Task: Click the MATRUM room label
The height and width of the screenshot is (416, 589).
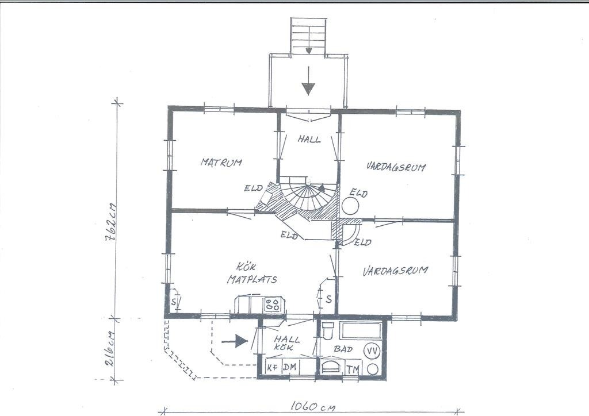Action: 221,163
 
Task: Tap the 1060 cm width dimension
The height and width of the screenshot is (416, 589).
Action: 312,407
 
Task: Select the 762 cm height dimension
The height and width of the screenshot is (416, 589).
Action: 112,223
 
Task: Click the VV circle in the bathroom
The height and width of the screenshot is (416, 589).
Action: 372,351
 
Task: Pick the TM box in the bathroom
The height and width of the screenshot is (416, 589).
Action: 353,369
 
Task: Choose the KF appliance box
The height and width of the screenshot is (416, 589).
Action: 273,367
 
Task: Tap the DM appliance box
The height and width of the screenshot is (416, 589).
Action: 290,367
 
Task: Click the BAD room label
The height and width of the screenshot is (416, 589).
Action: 343,349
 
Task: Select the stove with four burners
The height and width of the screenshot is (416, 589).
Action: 273,304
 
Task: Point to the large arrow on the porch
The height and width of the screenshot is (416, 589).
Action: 308,80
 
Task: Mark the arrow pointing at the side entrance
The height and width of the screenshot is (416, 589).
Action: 235,341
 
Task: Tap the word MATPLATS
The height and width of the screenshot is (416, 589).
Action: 252,279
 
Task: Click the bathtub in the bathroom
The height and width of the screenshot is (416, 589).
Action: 361,331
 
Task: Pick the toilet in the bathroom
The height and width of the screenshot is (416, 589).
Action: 328,330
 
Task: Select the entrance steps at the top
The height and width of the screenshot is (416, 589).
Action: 308,37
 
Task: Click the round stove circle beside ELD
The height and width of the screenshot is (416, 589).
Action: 350,206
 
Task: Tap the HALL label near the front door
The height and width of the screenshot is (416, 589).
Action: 309,139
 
